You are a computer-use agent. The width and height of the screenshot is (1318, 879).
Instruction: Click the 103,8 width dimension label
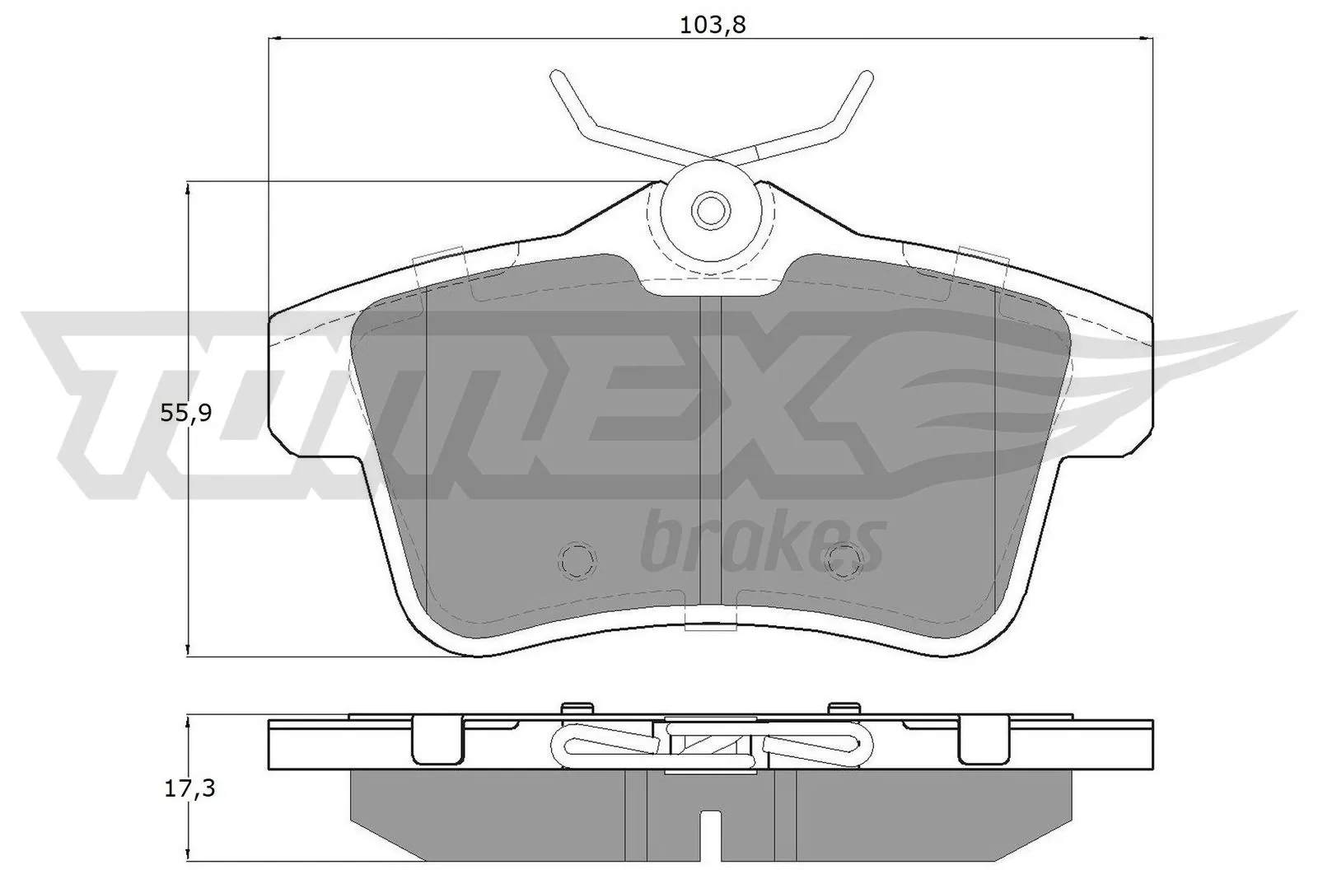click(712, 25)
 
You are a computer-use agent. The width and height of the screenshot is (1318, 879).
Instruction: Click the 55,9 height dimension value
click(186, 414)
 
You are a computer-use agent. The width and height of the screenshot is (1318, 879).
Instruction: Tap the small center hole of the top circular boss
click(709, 209)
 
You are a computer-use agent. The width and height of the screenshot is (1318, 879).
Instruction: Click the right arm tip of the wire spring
click(865, 77)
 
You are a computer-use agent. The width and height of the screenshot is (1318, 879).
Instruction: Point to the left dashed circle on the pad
click(577, 561)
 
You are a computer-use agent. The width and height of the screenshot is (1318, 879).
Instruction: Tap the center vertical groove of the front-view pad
click(709, 445)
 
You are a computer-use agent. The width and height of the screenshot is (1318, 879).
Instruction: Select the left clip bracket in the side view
click(436, 738)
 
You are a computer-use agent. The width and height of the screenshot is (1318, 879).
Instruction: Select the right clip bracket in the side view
click(984, 738)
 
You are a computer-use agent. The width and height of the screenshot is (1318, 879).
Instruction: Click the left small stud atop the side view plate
click(577, 708)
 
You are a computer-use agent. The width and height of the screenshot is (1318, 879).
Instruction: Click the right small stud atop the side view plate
click(844, 708)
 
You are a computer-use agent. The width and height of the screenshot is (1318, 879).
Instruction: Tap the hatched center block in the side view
click(709, 743)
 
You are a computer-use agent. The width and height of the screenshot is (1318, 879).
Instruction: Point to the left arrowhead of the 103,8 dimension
click(275, 38)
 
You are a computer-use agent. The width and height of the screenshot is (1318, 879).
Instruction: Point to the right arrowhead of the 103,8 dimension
click(1147, 38)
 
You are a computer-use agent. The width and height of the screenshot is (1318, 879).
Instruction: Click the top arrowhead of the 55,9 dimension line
click(190, 188)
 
